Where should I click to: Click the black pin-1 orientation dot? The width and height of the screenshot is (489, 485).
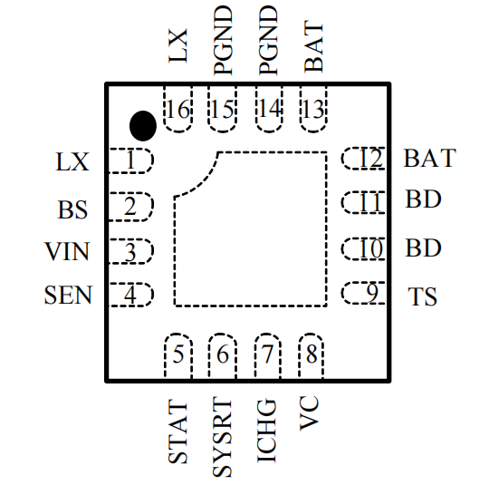coord(143,125)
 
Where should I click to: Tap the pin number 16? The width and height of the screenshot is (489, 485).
coord(178,110)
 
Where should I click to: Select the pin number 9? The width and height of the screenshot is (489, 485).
coord(372,293)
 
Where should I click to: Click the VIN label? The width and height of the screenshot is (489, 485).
coord(68,251)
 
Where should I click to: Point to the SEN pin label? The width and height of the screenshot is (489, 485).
coord(68,295)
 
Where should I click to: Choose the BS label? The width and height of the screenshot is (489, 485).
coord(72,209)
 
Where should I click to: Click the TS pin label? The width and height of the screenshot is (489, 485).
coord(423,296)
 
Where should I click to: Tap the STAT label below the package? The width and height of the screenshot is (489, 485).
coord(177,432)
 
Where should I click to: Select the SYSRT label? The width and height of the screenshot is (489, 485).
coord(222,437)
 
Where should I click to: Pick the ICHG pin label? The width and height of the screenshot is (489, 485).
coord(266,431)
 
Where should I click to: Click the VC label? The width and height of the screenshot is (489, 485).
coord(310,413)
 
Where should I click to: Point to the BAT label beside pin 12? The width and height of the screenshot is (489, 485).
coord(430,158)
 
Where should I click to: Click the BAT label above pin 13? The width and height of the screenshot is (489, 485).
coord(313,47)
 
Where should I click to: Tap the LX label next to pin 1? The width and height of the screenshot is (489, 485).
coord(72,161)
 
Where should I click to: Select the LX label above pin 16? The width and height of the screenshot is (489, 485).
coord(178,45)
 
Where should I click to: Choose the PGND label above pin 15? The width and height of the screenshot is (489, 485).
coord(223,41)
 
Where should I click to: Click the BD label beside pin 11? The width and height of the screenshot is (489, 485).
coord(423,199)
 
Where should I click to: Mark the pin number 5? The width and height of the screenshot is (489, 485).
coord(178,354)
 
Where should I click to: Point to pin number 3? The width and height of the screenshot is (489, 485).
coord(130,252)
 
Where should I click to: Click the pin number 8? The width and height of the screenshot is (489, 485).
coord(312,354)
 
